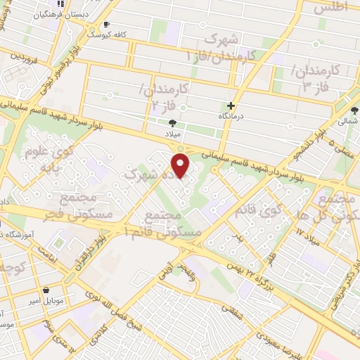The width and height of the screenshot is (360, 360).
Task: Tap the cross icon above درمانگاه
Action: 230,105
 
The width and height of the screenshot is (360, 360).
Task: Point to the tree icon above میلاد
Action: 172,122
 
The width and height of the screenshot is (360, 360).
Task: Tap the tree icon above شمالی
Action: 354,110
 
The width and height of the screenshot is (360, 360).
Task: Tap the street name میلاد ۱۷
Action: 312,238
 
